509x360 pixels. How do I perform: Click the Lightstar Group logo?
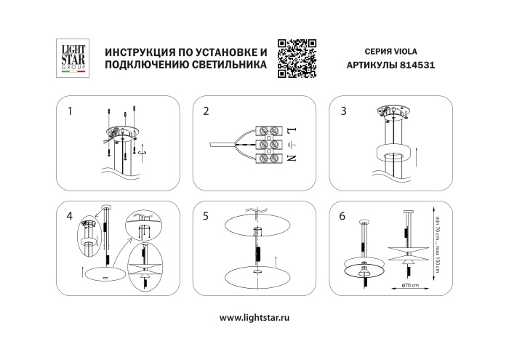click(73, 57)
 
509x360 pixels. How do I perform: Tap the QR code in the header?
click(297, 57)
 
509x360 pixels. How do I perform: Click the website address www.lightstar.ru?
click(254, 318)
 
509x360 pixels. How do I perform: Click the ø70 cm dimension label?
click(412, 284)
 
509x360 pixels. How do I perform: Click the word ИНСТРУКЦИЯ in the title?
click(143, 52)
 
